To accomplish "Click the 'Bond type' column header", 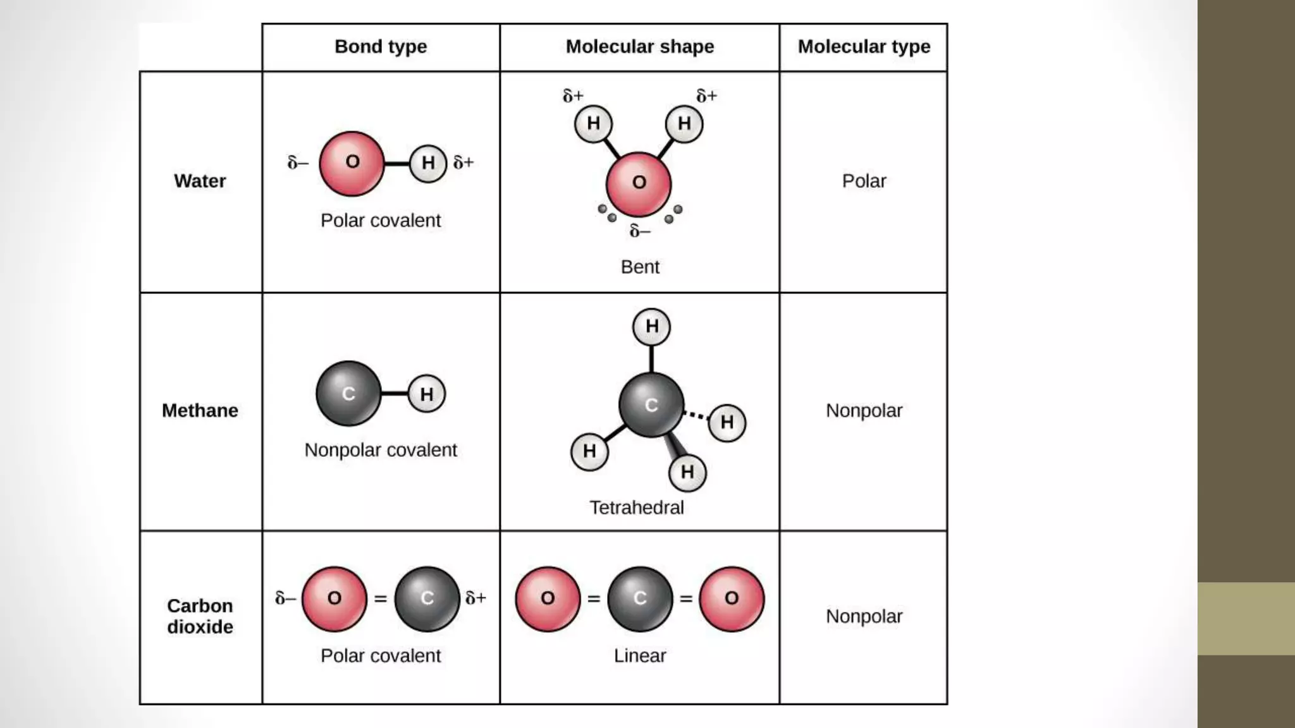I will [x=381, y=47].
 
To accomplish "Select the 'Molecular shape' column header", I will [x=639, y=47].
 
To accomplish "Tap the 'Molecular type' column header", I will [x=864, y=47].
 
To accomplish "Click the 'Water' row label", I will [x=200, y=181].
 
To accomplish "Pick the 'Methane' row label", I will [x=200, y=411].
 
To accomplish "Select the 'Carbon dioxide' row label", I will [x=200, y=616].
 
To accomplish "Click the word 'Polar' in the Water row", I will [x=864, y=181].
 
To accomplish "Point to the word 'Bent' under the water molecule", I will [x=640, y=267].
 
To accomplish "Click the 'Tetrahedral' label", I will [x=637, y=508].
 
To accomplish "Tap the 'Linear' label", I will [x=640, y=656].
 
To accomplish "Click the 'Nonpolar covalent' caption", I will [x=381, y=451].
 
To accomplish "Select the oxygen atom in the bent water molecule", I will [x=639, y=183].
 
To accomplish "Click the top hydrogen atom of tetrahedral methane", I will [x=651, y=327].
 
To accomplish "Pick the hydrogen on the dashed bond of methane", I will [x=727, y=422].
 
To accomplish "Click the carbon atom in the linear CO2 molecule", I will [x=640, y=598].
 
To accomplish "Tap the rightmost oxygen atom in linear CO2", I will [x=732, y=598].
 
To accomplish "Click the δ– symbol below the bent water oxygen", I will [x=640, y=232].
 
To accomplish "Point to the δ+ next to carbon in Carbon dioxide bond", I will [x=476, y=598].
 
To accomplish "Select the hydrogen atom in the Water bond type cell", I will [x=428, y=164].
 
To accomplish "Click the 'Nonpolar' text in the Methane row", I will [x=864, y=411].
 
